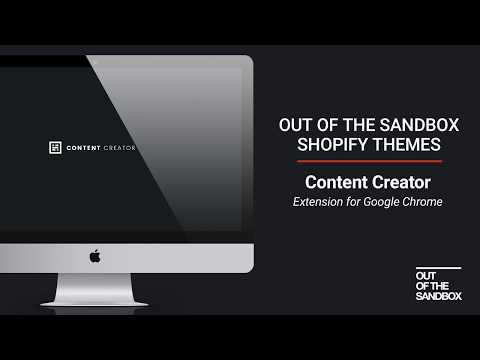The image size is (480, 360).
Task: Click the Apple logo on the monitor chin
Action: [95, 256]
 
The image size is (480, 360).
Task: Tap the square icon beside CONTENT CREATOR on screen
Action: [55, 148]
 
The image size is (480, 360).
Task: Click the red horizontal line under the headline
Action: [361, 161]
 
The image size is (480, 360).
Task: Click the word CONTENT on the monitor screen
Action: [82, 148]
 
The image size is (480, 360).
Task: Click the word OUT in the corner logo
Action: [424, 276]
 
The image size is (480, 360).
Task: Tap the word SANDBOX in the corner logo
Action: [435, 297]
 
